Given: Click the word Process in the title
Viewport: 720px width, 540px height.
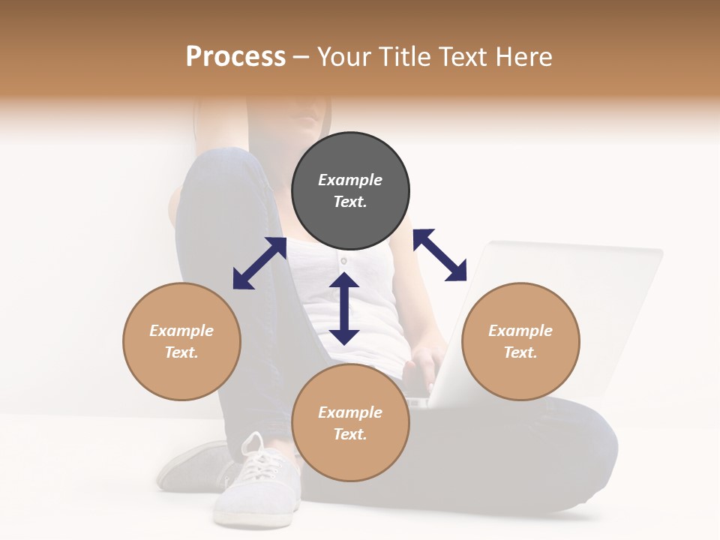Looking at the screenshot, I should [235, 56].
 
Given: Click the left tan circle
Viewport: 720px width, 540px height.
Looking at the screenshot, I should [181, 341].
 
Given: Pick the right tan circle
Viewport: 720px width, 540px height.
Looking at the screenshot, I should [520, 341].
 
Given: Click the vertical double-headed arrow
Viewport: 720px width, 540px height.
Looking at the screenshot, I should [344, 308].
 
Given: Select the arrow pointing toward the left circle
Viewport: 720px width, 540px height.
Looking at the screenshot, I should [259, 263].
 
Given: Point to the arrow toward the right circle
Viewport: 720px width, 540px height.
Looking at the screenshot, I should [440, 255].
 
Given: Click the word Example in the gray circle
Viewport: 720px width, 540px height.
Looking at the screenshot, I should [350, 180].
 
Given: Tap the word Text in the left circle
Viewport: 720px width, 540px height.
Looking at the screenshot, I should [181, 352].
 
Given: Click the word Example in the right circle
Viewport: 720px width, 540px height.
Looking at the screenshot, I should [520, 331].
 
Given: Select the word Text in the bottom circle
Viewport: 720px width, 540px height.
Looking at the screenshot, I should [350, 434].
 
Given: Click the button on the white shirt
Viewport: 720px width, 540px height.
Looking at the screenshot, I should [343, 261].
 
